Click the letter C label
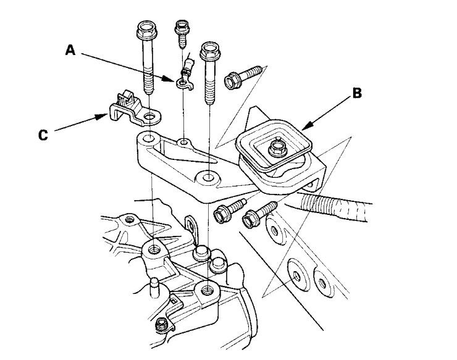[42, 135]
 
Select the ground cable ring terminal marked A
[182, 80]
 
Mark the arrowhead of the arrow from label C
[105, 115]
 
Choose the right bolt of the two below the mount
[254, 216]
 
